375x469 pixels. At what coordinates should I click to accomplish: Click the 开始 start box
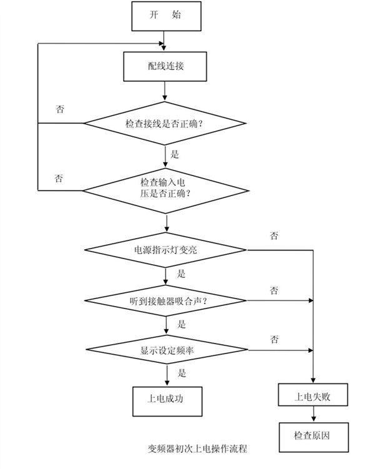coord(166,16)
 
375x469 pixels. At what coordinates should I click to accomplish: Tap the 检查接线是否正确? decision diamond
coord(166,124)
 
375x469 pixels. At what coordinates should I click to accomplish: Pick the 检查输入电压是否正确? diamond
coord(166,187)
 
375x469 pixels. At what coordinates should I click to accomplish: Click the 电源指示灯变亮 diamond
coord(166,250)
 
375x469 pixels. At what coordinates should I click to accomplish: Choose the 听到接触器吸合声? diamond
coord(166,301)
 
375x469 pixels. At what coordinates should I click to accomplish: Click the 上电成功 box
coord(166,397)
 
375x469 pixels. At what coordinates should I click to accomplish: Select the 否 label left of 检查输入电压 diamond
coord(60,178)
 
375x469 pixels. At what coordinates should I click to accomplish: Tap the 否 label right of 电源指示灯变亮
coord(274,236)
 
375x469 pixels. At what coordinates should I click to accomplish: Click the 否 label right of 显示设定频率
coord(274,339)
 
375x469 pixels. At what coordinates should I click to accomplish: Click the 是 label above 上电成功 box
coord(182,373)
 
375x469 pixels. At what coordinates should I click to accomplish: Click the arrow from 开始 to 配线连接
coord(166,41)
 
